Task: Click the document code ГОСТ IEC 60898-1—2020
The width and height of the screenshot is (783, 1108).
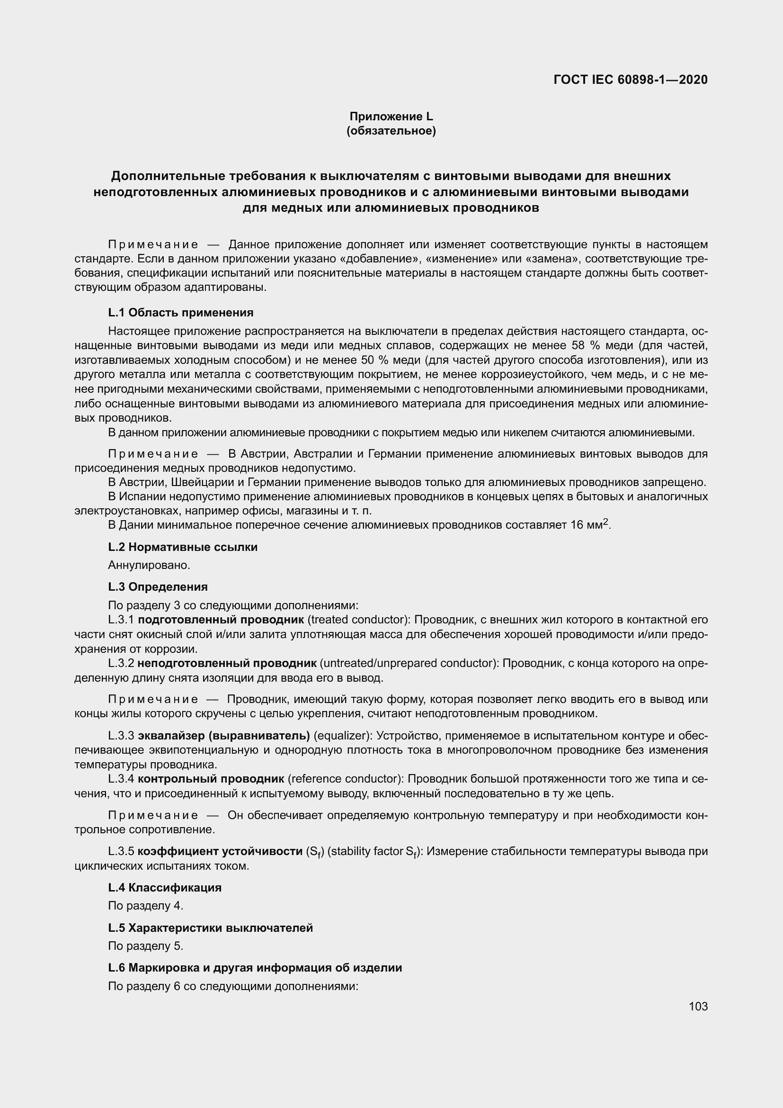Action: (631, 80)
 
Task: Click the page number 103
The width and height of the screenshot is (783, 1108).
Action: (698, 1006)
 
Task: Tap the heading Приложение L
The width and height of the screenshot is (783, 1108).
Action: (391, 117)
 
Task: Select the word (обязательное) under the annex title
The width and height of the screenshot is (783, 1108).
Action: (391, 131)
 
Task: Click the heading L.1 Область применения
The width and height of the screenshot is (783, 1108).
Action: (181, 313)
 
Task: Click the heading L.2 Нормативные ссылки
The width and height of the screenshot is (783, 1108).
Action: (183, 547)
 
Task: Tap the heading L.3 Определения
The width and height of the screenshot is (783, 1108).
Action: (158, 587)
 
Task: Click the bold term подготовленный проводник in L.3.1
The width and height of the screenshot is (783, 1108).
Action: (221, 620)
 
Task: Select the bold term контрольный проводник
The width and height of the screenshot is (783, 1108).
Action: (211, 779)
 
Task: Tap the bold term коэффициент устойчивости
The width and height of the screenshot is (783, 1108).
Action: (220, 851)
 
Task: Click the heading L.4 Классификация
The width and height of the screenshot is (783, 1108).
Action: (164, 887)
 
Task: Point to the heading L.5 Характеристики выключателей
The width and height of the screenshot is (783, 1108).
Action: (210, 928)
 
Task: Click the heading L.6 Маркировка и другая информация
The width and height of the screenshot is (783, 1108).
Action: (255, 968)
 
